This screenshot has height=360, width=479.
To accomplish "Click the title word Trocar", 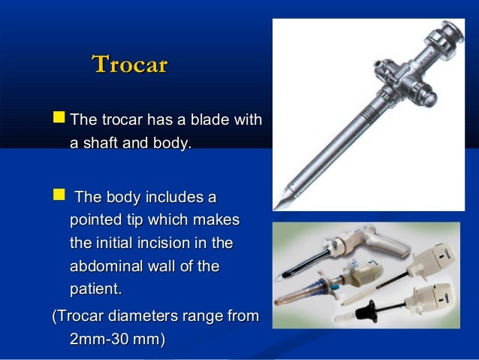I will [x=128, y=65].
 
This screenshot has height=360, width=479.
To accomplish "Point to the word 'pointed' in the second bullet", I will [x=95, y=221].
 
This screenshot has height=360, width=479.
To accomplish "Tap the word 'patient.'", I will [x=95, y=289].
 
